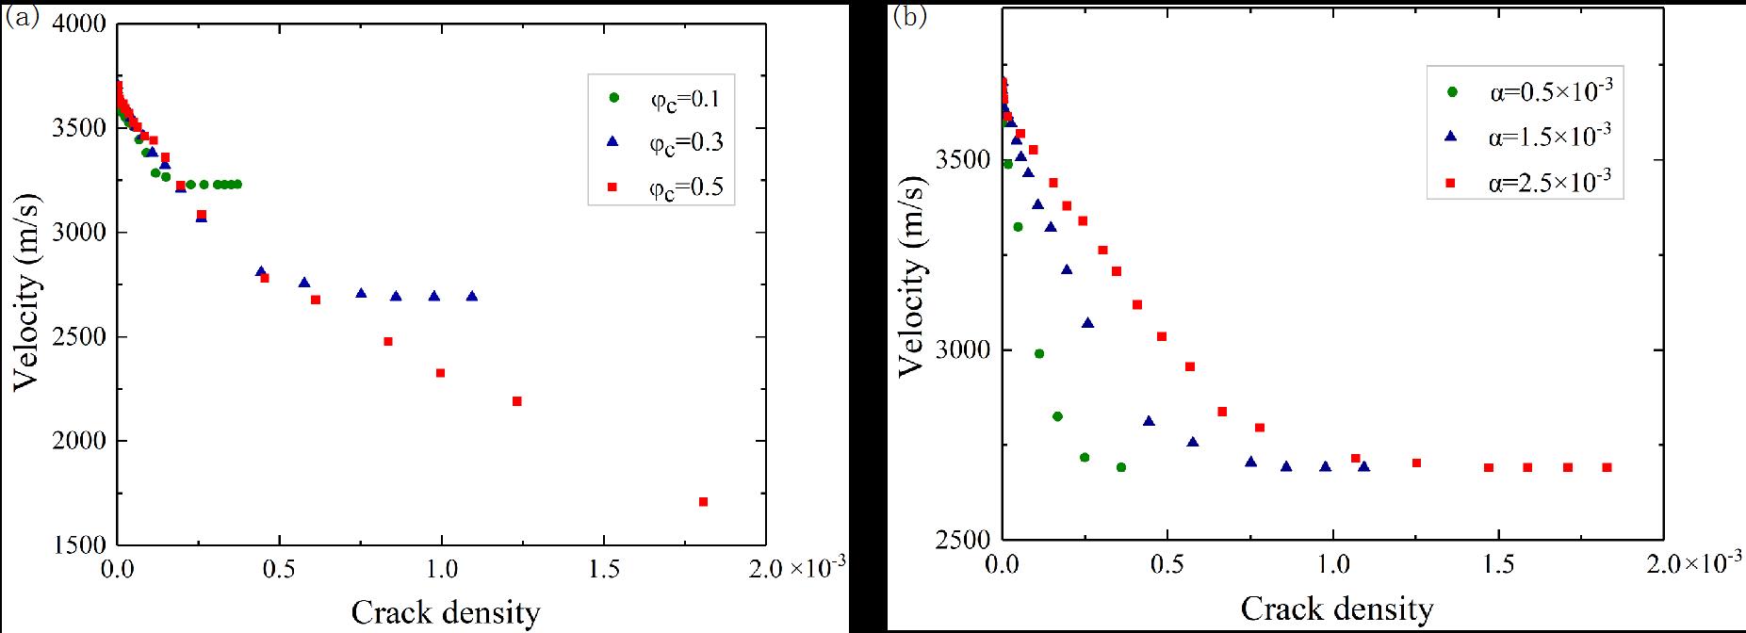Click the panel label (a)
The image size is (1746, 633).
pos(22,18)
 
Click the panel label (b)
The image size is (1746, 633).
pos(909,18)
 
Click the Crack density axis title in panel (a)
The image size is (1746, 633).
pos(446,613)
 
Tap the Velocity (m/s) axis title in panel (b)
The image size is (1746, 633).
pos(911,277)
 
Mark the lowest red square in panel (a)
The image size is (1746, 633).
pos(703,502)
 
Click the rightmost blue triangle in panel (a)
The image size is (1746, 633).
pos(472,296)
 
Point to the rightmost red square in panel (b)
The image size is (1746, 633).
pos(1607,467)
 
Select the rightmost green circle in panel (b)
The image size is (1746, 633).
pos(1120,467)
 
